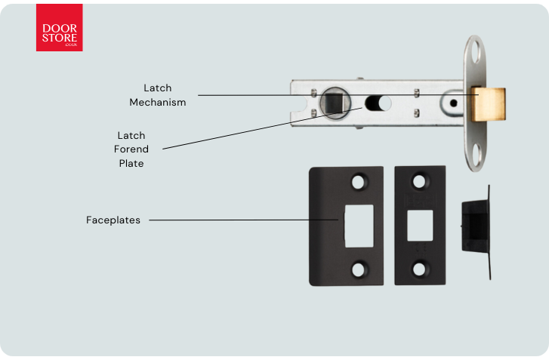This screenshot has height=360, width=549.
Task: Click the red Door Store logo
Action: point(59,28)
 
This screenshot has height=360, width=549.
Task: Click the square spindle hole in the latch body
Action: point(332,102)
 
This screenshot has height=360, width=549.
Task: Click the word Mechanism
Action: point(157,103)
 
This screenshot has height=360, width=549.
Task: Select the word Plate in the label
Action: point(131,163)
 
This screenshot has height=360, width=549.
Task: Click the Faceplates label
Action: point(113,220)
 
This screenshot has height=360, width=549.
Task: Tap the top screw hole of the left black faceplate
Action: point(359,182)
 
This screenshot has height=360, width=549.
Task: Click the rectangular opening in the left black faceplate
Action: point(359,225)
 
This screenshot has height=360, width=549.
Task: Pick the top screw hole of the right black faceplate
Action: point(419,182)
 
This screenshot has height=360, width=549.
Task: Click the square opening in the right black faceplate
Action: point(419,224)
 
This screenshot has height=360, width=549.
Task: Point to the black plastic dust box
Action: point(476,224)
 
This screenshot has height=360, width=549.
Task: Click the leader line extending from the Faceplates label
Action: point(242,220)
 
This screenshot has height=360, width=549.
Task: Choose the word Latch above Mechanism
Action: point(157,88)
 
